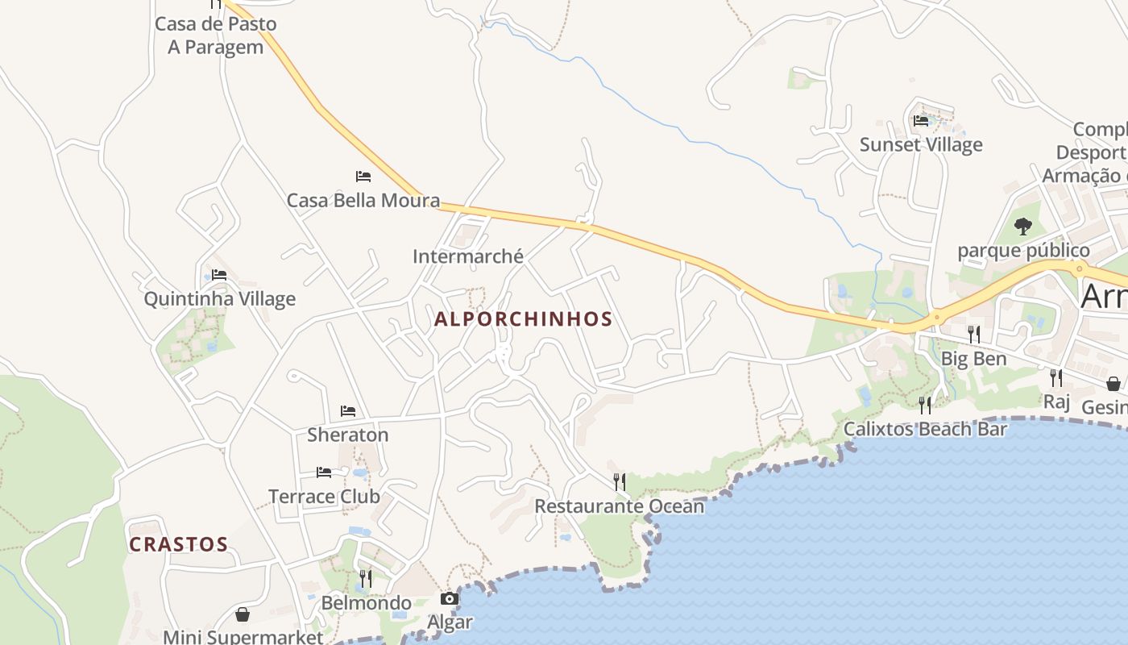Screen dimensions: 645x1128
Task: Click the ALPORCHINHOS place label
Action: pos(524,319)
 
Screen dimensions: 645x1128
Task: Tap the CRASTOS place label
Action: pos(179,544)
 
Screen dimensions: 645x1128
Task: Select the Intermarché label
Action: pos(468,256)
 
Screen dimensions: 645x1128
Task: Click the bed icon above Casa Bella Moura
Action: pos(363,177)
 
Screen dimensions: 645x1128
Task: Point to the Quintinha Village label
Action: pos(220,299)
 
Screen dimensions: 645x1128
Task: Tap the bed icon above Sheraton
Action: pos(348,411)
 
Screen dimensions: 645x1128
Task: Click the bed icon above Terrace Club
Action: pos(324,472)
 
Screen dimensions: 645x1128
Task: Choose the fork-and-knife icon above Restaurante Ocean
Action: pos(620,482)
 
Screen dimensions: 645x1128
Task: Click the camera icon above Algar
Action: pos(450,598)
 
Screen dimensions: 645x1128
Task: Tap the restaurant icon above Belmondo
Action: pos(366,578)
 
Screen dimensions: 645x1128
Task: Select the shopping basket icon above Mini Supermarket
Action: pos(243,614)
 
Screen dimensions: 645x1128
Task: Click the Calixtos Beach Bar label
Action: pos(925,429)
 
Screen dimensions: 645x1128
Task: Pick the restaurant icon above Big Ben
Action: pos(974,334)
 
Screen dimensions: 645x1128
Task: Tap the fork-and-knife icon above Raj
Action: pos(1056,377)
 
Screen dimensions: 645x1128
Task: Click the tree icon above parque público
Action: pos(1023,227)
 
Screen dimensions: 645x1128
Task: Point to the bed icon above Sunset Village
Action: pos(921,121)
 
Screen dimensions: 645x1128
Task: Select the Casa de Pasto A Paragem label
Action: pos(216,35)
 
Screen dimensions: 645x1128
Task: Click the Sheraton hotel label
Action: pos(348,435)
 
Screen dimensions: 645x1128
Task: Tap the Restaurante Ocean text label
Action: pos(620,506)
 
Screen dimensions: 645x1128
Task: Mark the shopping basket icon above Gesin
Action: pos(1113,383)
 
